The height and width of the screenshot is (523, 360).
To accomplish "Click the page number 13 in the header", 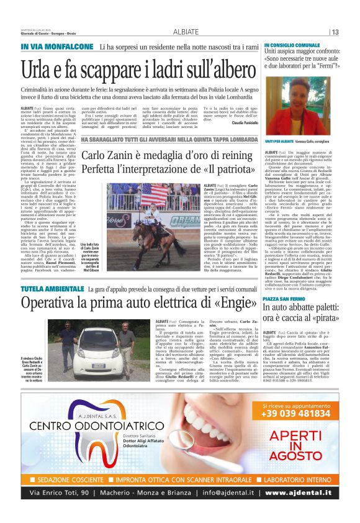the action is (335, 32).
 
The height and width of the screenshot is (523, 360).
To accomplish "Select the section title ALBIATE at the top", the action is (186, 32).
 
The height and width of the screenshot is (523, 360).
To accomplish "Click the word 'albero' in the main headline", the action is (230, 67).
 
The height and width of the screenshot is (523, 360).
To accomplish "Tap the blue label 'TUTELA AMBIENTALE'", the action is (49, 289).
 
